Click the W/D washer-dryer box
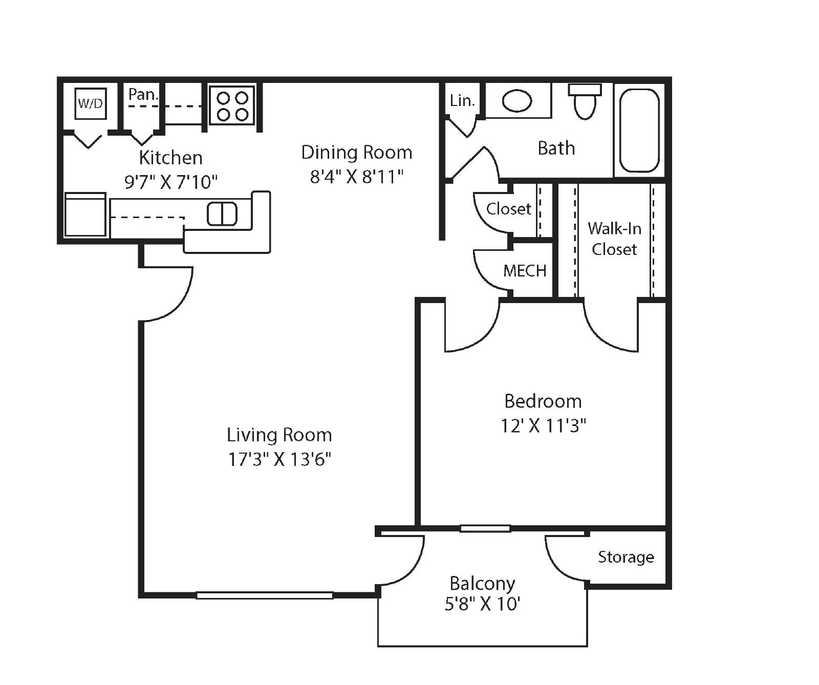click(x=90, y=103)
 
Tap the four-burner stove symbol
click(x=232, y=105)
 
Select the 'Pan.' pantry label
click(x=143, y=94)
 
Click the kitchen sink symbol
click(x=222, y=214)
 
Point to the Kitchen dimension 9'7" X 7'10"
click(x=171, y=182)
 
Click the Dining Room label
click(x=356, y=153)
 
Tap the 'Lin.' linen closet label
click(x=462, y=101)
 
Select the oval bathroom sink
click(x=516, y=100)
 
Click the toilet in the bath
click(x=585, y=101)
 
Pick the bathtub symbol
click(x=639, y=131)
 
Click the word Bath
click(x=556, y=148)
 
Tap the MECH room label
click(x=525, y=271)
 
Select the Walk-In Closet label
click(x=614, y=239)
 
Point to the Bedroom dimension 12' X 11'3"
click(x=543, y=425)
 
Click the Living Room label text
click(x=279, y=435)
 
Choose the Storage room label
click(x=626, y=557)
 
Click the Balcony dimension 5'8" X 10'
click(x=482, y=604)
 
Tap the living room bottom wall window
click(x=265, y=595)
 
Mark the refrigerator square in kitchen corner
click(x=85, y=215)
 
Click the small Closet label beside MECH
click(x=508, y=209)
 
